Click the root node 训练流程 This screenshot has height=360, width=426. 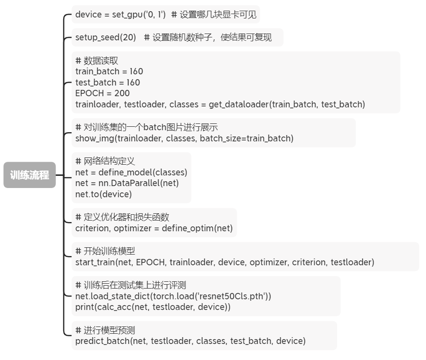(30, 175)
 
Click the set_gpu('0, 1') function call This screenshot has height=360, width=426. (139, 15)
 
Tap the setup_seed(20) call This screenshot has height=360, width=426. (106, 37)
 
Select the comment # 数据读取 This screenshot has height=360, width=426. (97, 61)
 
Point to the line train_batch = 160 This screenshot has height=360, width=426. (109, 71)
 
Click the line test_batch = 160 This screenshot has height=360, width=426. (107, 83)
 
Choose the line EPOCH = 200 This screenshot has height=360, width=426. (103, 93)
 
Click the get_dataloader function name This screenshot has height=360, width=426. (239, 104)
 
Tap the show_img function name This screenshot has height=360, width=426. (95, 138)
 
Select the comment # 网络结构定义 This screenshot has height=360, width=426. (105, 161)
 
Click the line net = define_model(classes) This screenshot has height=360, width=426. (131, 172)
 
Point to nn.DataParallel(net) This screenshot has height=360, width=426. (139, 183)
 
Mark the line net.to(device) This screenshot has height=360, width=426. (104, 194)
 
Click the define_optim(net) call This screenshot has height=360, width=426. (197, 228)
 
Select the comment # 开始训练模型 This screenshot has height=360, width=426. (105, 251)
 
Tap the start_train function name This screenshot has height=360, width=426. (95, 262)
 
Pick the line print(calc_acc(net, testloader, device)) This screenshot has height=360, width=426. (153, 307)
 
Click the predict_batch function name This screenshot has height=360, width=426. (103, 341)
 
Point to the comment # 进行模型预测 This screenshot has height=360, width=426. (105, 330)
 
